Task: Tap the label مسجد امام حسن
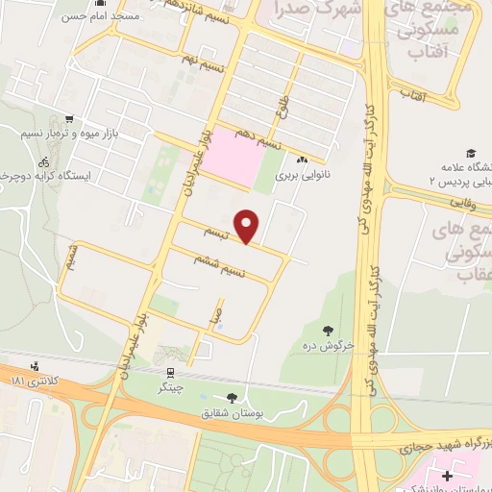point(100,16)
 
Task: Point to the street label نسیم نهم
point(204,60)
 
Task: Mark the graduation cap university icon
point(471,154)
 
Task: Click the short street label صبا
point(219,313)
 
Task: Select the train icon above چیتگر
point(170,373)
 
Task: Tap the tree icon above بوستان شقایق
point(232,398)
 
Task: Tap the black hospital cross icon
point(447,475)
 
